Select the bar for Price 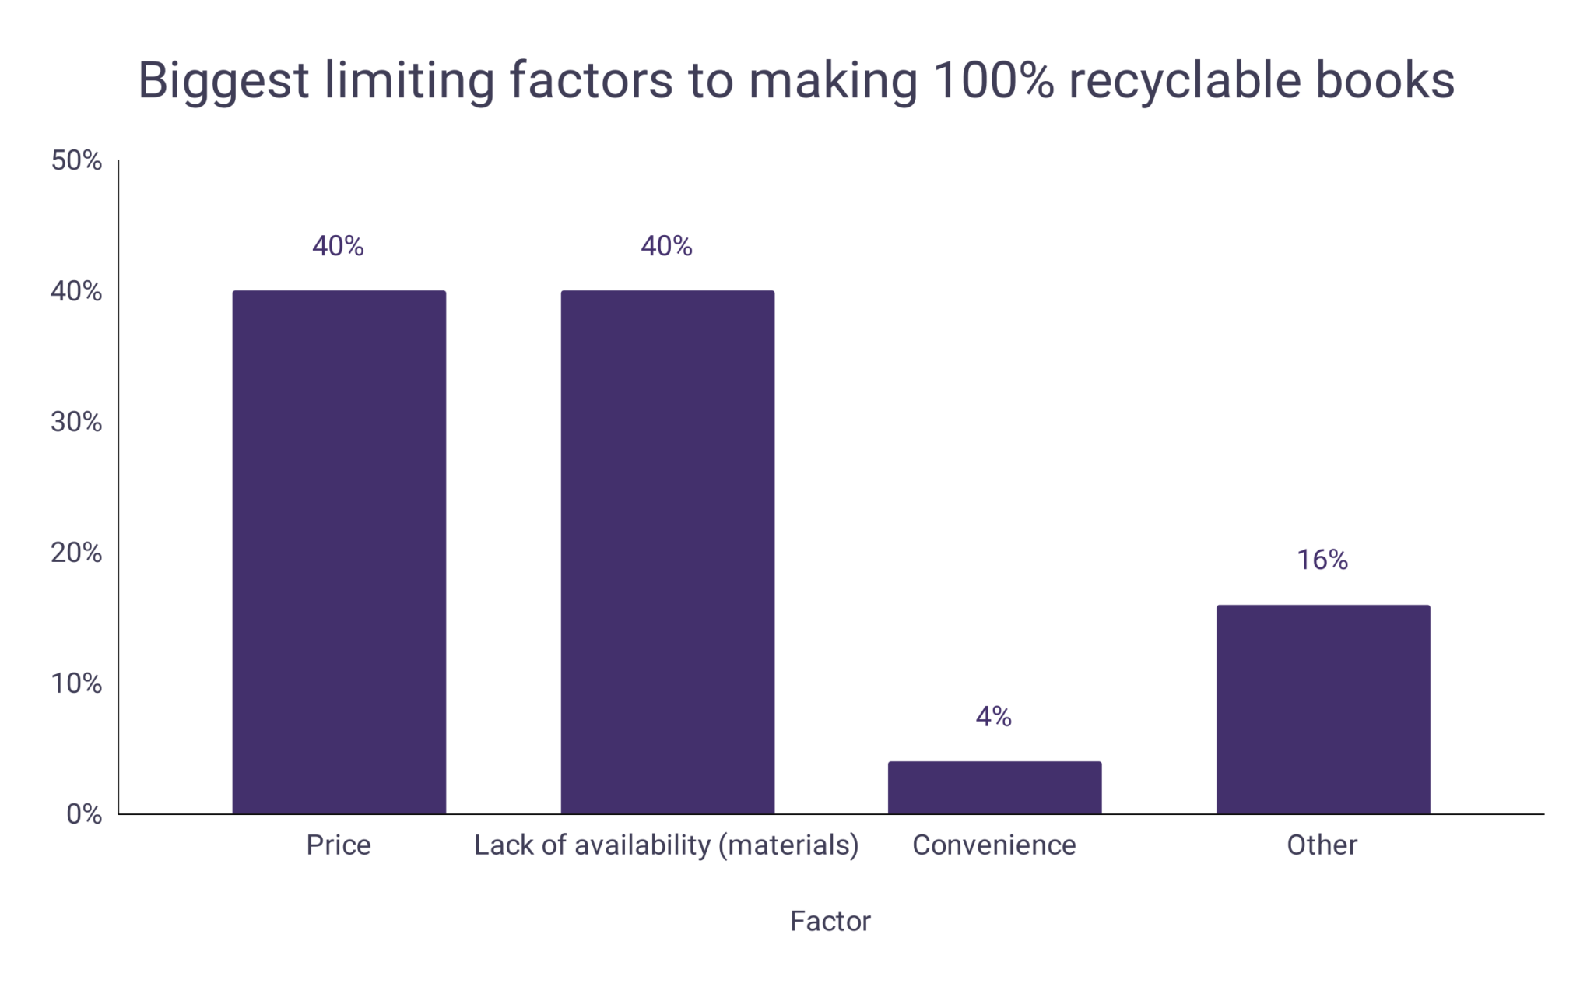click(x=339, y=553)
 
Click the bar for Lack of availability click(x=667, y=553)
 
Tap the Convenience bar click(x=995, y=788)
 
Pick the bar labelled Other click(x=1323, y=709)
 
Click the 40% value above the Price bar click(x=338, y=247)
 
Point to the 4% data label click(x=993, y=717)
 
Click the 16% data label click(x=1322, y=560)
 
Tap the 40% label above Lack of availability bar click(x=666, y=247)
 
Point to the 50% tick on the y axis click(x=76, y=161)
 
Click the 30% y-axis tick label click(x=76, y=423)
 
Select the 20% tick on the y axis click(x=76, y=553)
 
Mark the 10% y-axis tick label click(x=76, y=684)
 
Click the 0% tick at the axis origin click(x=84, y=815)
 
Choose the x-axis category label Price click(x=338, y=845)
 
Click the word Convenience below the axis click(x=994, y=845)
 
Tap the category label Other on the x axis click(x=1322, y=845)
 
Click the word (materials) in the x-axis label click(x=788, y=845)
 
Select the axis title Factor click(x=830, y=922)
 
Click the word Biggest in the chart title click(x=223, y=81)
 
